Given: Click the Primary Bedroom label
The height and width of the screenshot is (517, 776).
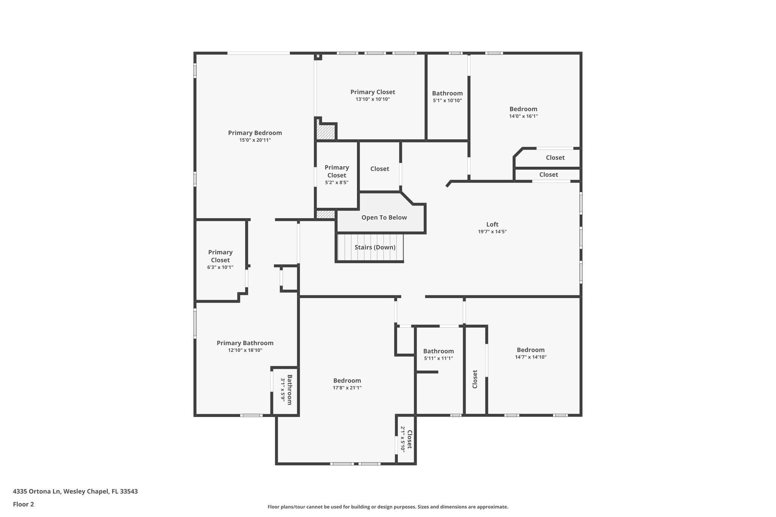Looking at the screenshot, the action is [255, 133].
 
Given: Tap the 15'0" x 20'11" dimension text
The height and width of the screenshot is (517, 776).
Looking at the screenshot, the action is [255, 140].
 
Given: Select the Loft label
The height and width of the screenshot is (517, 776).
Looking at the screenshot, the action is [492, 224].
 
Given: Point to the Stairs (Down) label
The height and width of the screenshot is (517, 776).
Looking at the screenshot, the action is [375, 247].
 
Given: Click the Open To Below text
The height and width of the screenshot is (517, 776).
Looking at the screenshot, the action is [384, 217].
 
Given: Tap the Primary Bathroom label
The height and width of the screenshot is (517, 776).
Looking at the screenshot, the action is [245, 343].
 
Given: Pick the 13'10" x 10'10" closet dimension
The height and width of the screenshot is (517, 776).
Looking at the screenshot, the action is [373, 99].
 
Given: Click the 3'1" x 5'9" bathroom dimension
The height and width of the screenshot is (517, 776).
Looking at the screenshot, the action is [283, 390].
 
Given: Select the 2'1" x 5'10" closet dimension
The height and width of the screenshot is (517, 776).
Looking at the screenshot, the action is [403, 438].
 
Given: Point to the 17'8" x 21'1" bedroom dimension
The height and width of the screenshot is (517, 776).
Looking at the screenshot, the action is [347, 388].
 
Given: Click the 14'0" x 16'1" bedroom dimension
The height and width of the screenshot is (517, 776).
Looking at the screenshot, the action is [523, 116].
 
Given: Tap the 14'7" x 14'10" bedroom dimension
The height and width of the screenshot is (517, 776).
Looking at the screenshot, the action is [531, 357].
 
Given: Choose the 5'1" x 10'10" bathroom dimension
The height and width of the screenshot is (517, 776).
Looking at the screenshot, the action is [447, 101].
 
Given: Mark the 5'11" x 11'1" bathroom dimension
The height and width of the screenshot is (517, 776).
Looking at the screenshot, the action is [438, 358].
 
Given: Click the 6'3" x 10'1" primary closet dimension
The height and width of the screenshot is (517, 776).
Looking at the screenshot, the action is [220, 267].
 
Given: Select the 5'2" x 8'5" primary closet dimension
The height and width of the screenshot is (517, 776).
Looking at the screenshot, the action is [337, 183].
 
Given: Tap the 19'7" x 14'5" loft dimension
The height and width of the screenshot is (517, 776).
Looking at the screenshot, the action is [492, 232].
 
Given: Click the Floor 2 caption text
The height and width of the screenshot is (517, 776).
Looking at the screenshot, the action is [23, 505].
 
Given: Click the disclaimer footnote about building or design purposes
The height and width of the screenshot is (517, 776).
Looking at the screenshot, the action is [388, 507].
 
